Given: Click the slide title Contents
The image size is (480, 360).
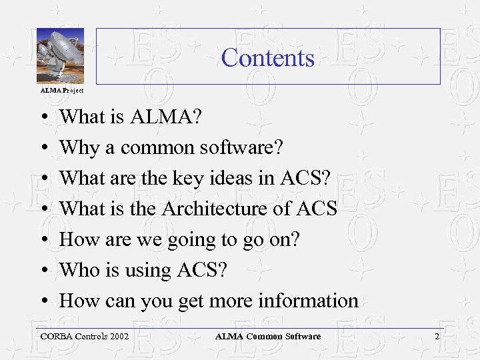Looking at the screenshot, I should tap(267, 58).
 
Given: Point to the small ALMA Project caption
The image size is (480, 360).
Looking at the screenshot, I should tap(62, 90).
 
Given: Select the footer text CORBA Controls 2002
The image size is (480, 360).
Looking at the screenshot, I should tap(85, 337).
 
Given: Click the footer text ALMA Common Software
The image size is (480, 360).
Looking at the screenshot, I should tap(267, 337).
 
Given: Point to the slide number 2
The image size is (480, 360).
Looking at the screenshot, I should tap(437, 337).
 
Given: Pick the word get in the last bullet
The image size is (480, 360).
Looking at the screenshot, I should tap(191, 302).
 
